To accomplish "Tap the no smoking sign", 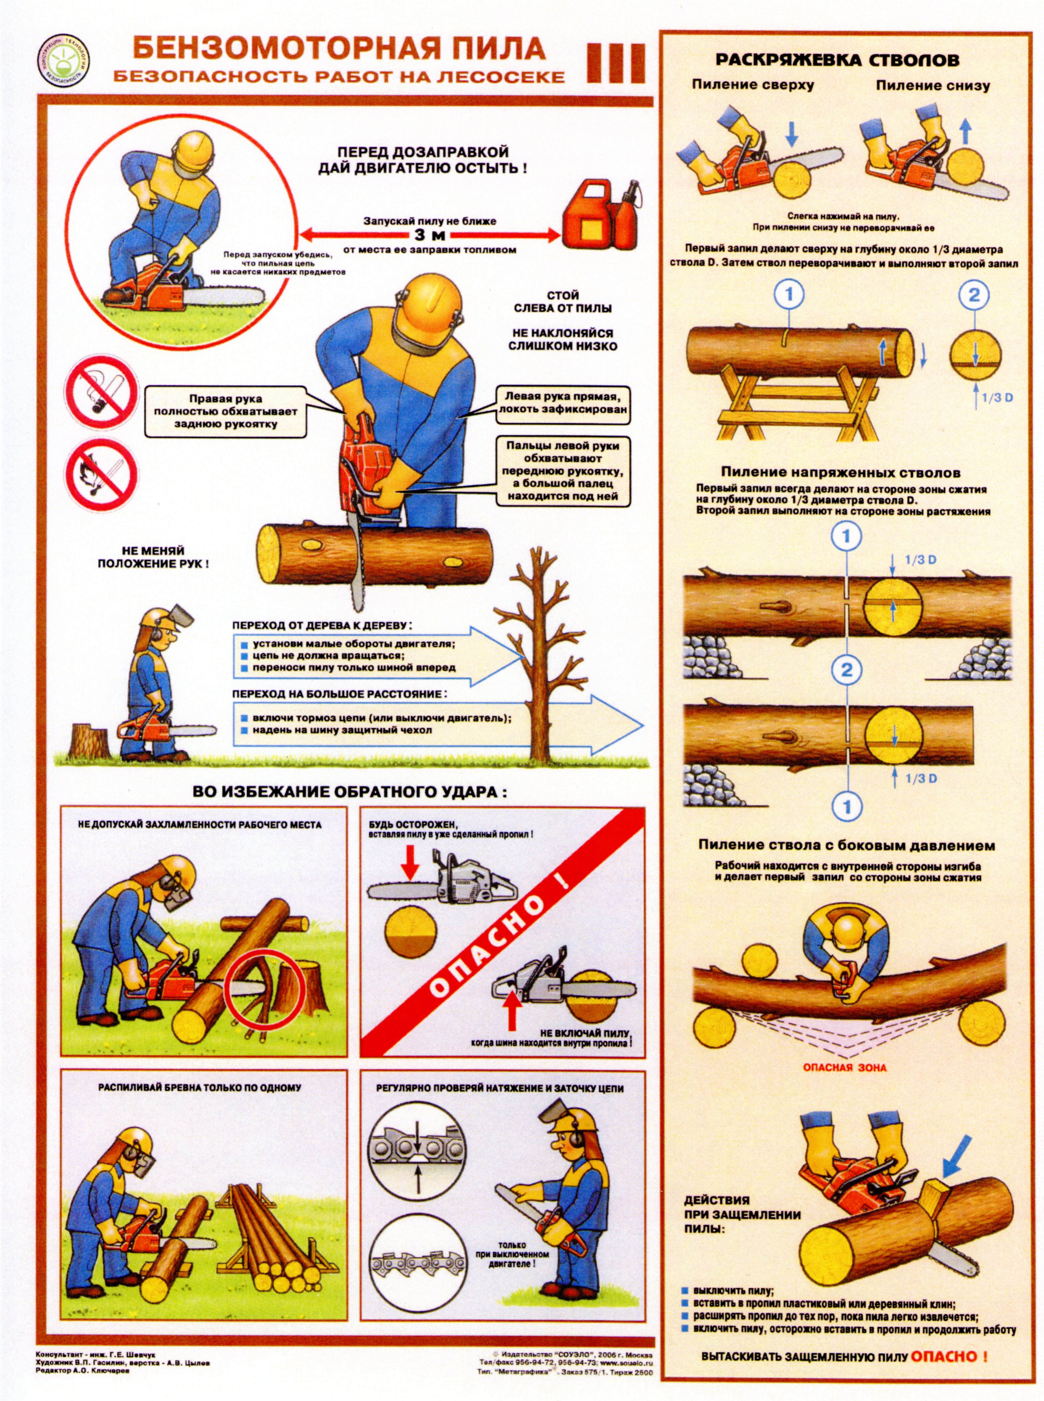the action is tap(102, 390).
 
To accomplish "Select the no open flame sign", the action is tap(102, 473).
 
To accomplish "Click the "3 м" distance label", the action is tap(430, 236).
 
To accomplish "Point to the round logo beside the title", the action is tap(63, 61).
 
